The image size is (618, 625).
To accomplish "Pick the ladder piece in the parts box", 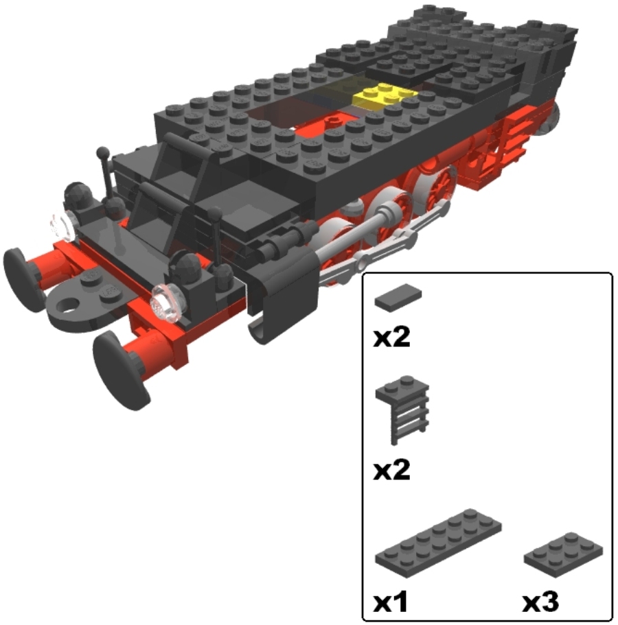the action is pos(402,410).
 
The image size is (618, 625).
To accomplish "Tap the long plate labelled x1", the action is pos(438,543).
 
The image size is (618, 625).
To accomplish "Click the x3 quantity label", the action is pos(540,602).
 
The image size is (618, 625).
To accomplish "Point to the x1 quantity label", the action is pos(391,602).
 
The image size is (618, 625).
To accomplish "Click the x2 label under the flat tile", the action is pos(391,338).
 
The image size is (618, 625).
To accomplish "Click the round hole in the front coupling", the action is pos(70,307).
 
